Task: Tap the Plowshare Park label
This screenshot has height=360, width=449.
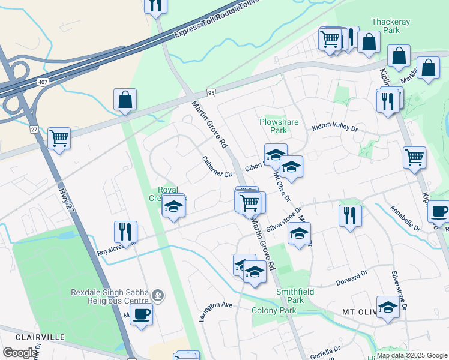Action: [279, 125]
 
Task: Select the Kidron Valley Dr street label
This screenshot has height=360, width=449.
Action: [334, 128]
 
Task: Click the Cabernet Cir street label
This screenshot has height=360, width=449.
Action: [217, 167]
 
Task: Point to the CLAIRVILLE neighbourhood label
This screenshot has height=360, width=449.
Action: [40, 337]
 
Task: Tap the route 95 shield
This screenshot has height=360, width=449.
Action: [211, 93]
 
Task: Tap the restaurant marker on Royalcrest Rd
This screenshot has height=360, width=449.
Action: [125, 230]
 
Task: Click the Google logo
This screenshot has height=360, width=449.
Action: [20, 353]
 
